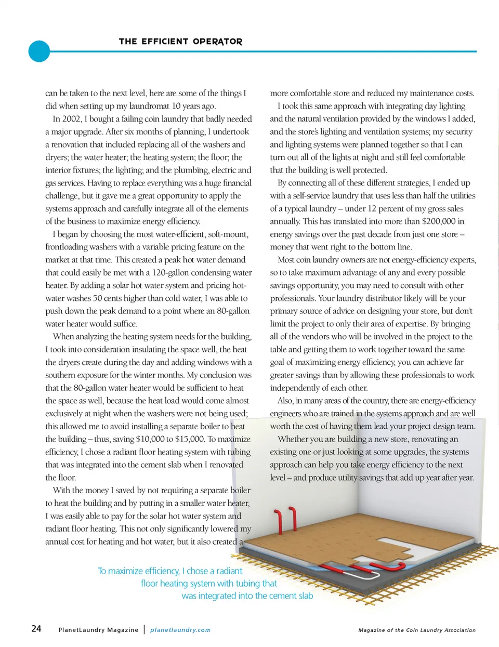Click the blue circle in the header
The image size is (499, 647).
click(39, 51)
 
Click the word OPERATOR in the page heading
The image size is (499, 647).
click(217, 42)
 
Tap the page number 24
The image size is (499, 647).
click(36, 629)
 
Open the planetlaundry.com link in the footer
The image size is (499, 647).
click(180, 630)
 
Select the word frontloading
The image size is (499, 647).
click(70, 247)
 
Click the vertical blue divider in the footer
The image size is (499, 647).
click(144, 629)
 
